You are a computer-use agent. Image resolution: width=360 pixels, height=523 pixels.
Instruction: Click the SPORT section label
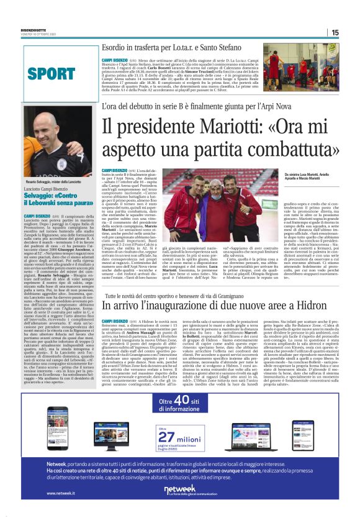[52, 75]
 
